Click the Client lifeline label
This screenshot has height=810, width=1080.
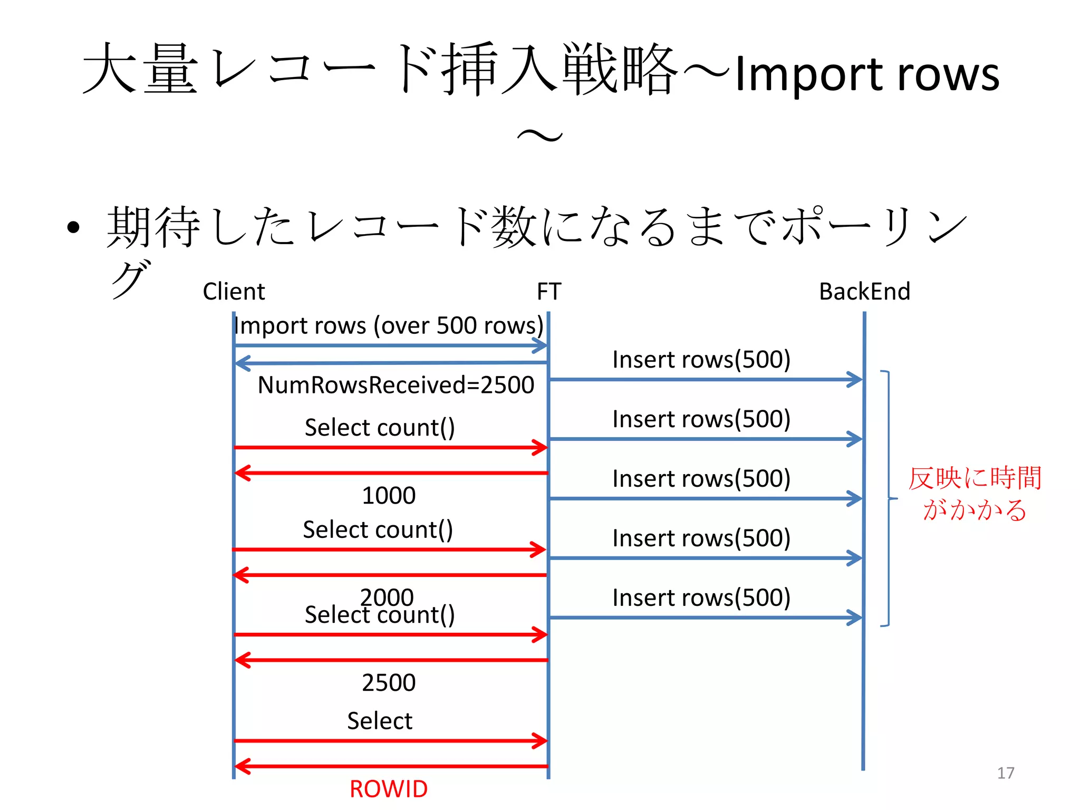point(234,292)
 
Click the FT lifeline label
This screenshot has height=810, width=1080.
point(549,292)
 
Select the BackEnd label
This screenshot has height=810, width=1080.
point(864,292)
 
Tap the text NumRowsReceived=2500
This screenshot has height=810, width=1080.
point(396,385)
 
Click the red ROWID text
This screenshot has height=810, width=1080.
point(389,789)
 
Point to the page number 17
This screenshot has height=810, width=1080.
point(1006,773)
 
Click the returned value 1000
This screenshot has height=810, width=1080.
point(389,496)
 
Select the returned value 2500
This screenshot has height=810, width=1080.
point(389,683)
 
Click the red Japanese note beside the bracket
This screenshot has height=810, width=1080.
point(975,494)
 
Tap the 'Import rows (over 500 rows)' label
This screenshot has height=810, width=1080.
point(389,325)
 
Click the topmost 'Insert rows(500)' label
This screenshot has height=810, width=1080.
point(701,360)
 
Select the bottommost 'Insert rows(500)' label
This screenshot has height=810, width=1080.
point(701,598)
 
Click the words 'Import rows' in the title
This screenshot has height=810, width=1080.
point(866,74)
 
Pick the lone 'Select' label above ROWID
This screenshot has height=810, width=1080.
point(380,721)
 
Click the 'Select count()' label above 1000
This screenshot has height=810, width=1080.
point(380,428)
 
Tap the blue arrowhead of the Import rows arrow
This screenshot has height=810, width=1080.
point(541,346)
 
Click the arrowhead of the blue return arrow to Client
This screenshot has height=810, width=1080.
point(242,363)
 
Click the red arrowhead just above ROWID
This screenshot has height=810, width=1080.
point(242,766)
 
